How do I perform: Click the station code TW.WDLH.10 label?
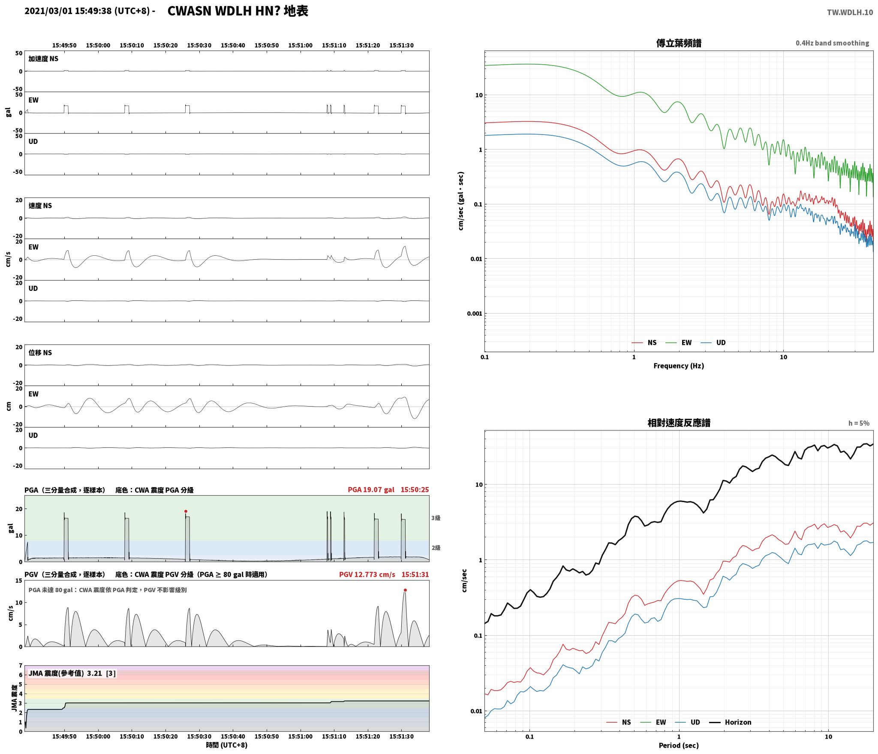pos(850,12)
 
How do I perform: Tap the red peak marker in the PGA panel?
pos(186,511)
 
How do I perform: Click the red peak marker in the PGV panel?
pos(405,590)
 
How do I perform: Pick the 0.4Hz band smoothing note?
pos(832,43)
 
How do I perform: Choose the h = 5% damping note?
pos(859,423)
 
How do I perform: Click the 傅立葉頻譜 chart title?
pos(679,43)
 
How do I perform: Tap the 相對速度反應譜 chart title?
pos(679,423)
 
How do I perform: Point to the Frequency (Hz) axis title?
pos(679,366)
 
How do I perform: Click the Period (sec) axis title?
pos(679,746)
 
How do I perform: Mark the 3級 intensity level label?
pos(436,518)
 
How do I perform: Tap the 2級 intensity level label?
pos(436,548)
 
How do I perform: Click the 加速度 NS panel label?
pos(43,59)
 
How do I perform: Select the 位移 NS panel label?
pos(40,353)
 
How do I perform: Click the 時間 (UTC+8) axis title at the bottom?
pos(227,745)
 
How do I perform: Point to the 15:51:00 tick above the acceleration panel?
pos(300,45)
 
